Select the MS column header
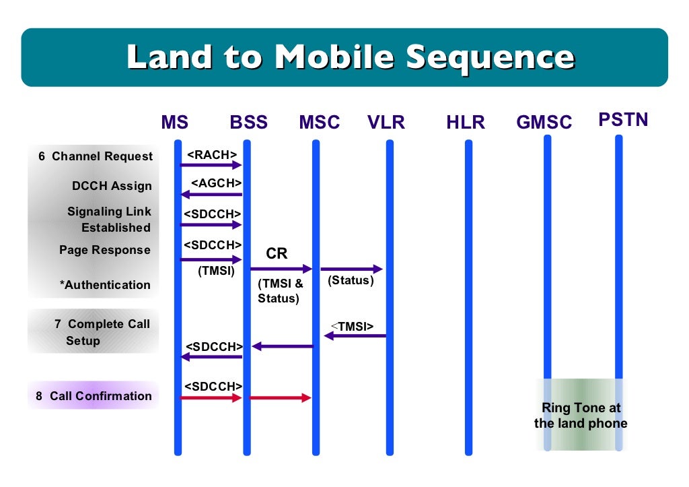174,123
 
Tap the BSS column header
248,123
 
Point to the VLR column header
386,123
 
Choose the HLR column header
466,123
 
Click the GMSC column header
544,123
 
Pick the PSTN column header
623,121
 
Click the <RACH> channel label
212,155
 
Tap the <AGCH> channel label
216,183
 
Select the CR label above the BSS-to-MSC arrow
277,254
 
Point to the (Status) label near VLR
351,280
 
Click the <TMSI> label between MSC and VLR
352,327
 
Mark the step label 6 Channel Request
96,156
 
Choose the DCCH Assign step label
112,186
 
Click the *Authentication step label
105,285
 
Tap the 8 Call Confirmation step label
94,396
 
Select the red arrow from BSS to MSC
281,398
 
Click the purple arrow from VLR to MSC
355,335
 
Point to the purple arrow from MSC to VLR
351,269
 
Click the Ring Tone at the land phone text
581,416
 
